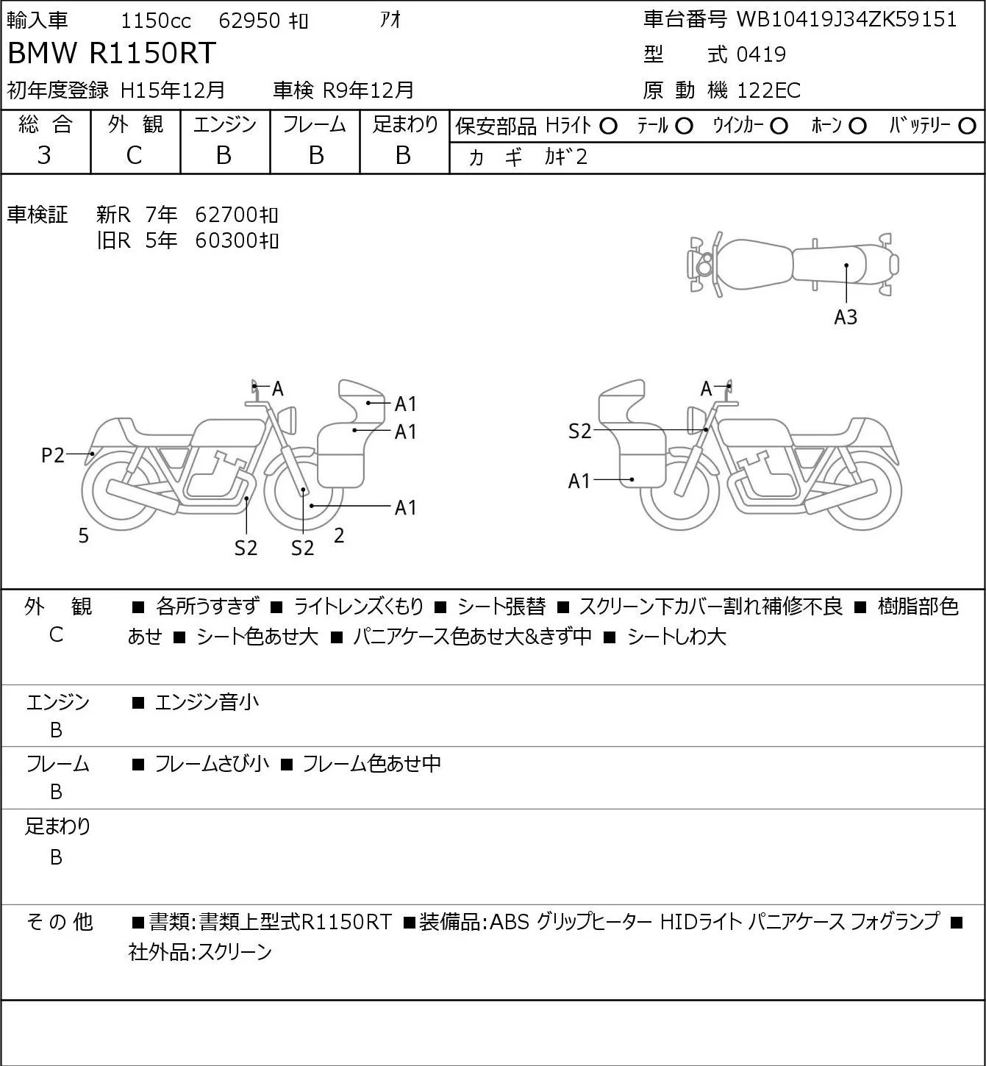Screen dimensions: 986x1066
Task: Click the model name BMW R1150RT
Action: click(112, 53)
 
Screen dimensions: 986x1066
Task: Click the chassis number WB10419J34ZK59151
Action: click(846, 20)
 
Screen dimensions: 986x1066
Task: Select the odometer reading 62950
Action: click(249, 21)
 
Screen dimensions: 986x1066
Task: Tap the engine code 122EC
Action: click(768, 90)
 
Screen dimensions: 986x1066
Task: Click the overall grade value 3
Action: click(44, 156)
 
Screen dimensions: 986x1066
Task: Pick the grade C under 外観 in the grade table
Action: click(134, 156)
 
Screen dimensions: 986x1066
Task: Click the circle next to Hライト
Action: click(608, 126)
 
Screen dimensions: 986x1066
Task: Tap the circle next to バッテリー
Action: click(967, 126)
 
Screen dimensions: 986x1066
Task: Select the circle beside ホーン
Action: click(857, 126)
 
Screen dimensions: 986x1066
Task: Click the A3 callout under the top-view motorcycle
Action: click(846, 317)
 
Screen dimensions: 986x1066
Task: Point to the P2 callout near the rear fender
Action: click(53, 455)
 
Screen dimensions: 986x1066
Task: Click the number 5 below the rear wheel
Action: click(83, 535)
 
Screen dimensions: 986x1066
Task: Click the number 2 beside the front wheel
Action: click(339, 535)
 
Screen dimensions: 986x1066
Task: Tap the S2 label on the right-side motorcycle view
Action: click(579, 431)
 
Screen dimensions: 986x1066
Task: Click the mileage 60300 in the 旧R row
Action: click(226, 240)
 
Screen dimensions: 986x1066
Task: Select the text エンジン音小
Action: click(207, 702)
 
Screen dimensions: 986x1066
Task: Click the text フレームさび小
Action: click(212, 763)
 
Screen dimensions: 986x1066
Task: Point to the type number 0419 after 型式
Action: click(761, 54)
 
